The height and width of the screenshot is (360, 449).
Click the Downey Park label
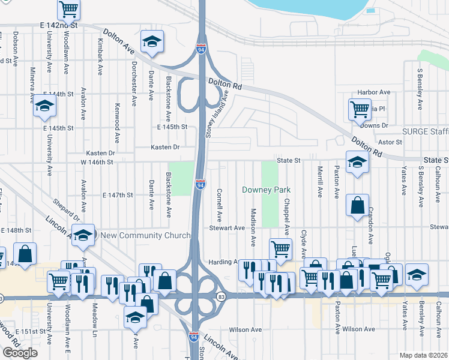[266, 190]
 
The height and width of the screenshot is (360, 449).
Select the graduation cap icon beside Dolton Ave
[152, 42]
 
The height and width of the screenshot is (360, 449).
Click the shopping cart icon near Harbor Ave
[360, 109]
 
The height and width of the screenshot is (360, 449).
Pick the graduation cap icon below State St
[357, 162]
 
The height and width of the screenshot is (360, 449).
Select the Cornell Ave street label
[220, 204]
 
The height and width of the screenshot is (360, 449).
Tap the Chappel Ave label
[287, 217]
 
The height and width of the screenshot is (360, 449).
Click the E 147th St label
[117, 196]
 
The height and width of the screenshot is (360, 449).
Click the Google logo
[20, 353]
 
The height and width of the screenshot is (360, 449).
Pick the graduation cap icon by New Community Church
[83, 234]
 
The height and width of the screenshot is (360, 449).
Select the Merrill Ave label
[320, 181]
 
